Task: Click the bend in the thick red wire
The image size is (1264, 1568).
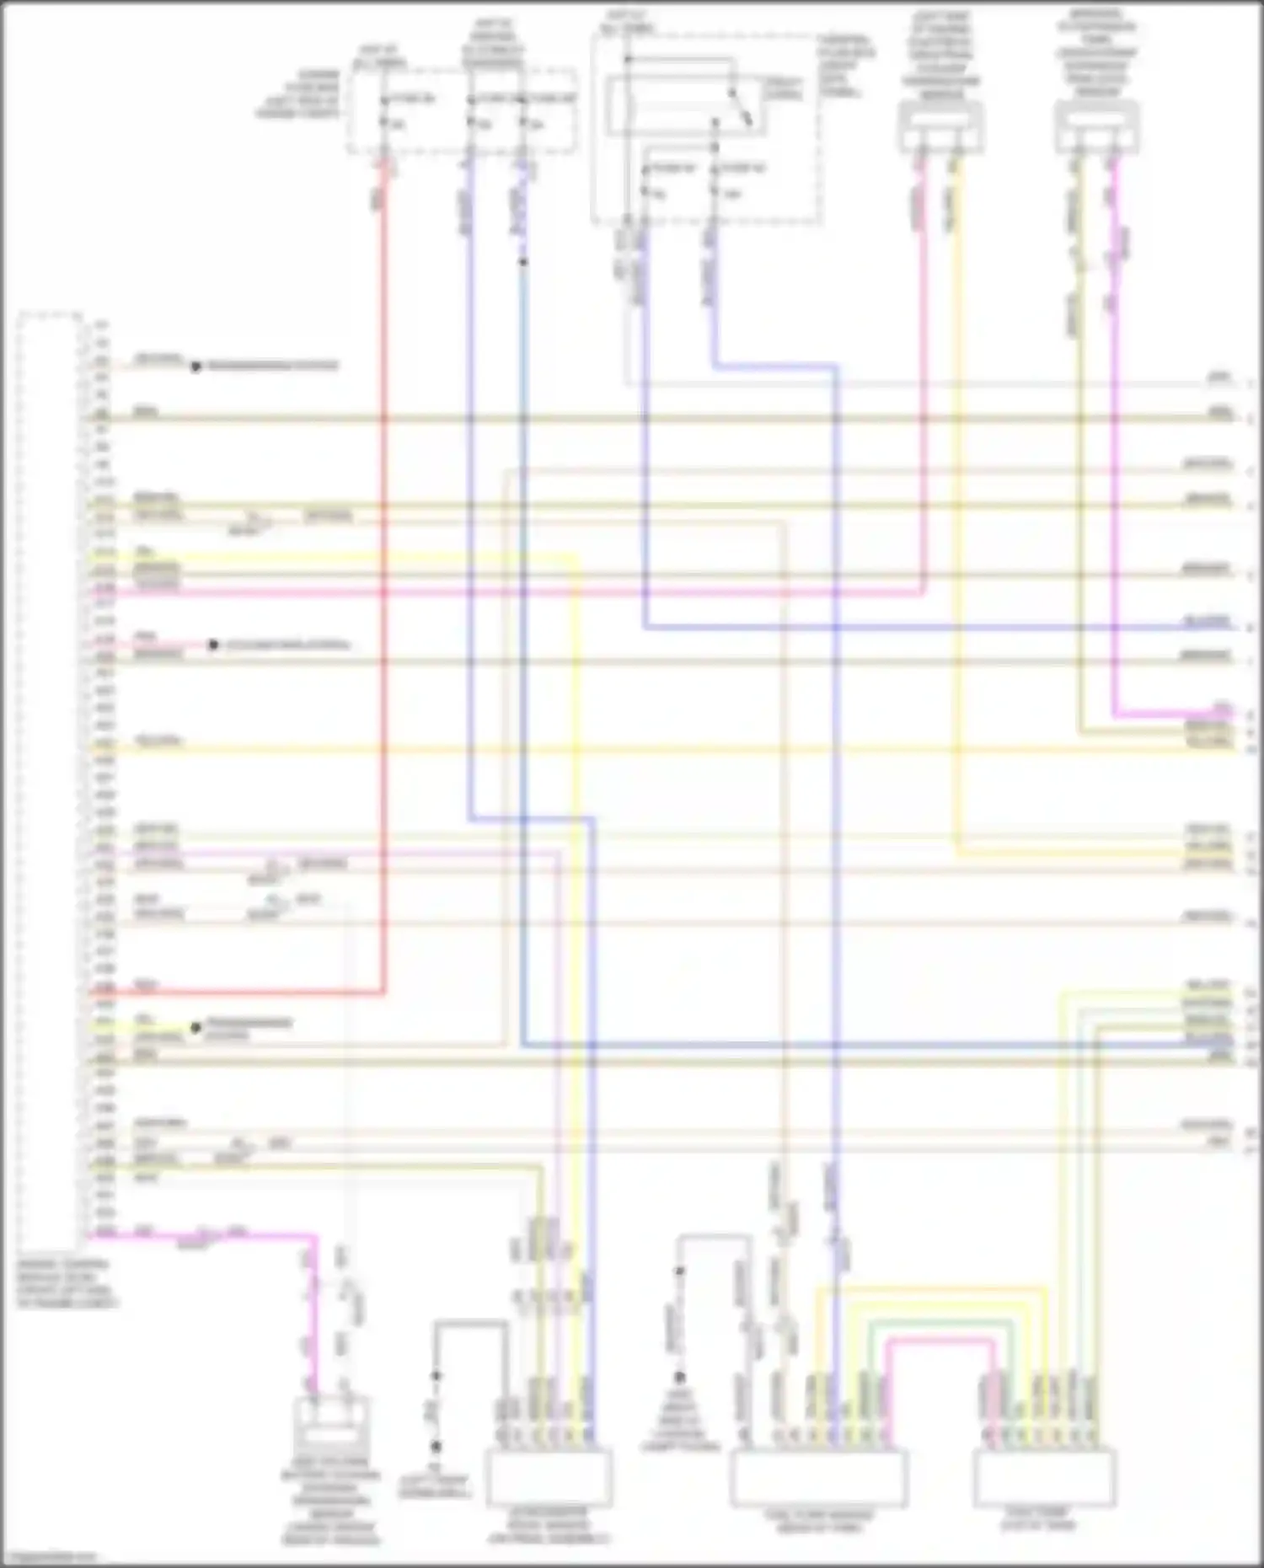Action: pos(384,992)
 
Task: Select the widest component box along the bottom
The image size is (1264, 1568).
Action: pos(818,1478)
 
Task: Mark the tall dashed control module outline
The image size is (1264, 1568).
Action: pos(51,775)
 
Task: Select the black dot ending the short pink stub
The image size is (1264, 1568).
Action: pos(213,645)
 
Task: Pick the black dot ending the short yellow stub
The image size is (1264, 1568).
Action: pos(195,1028)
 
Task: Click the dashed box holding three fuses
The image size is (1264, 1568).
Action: pos(463,111)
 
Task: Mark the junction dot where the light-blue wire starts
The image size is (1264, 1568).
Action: pos(523,262)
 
